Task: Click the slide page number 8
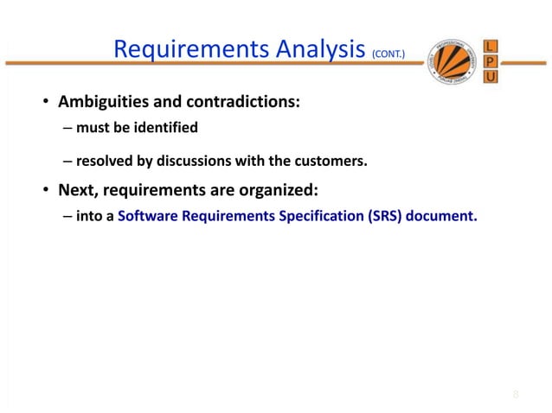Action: coord(516,395)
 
